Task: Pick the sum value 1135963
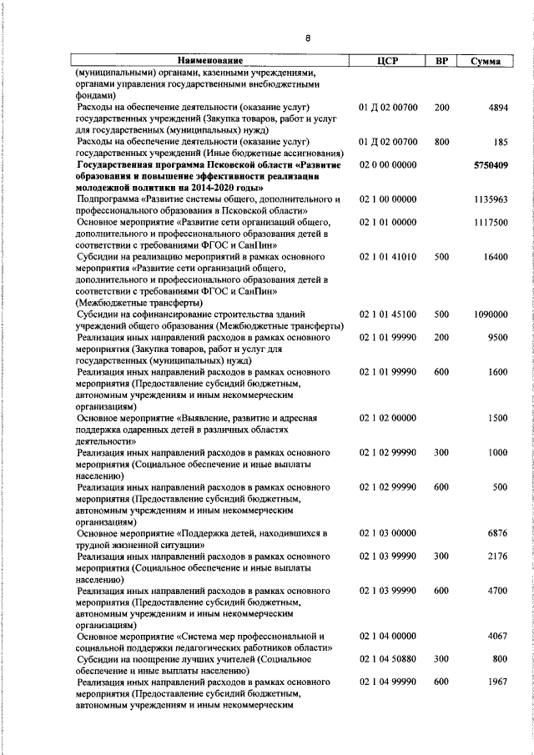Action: click(490, 200)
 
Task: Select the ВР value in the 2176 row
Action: click(441, 556)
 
